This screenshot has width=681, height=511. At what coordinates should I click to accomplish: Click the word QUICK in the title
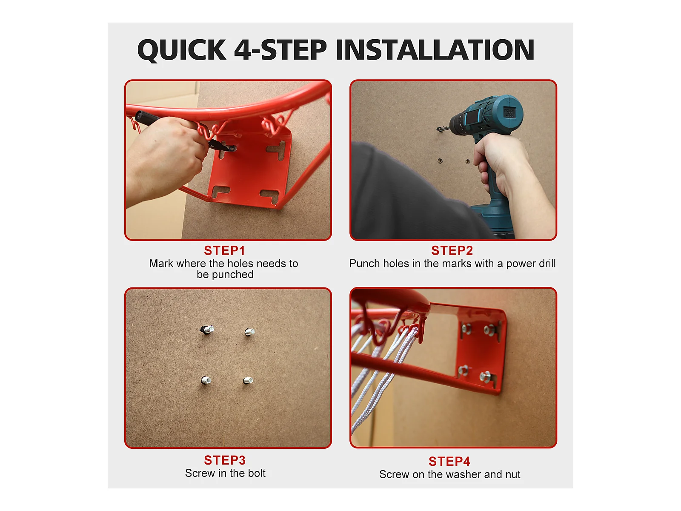[x=181, y=50]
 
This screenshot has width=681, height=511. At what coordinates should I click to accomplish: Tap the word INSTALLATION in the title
[x=435, y=50]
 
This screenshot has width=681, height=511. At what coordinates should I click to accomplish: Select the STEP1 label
[x=224, y=250]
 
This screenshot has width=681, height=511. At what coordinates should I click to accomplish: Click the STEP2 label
[x=452, y=250]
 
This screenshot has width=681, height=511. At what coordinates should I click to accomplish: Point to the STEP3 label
[x=225, y=460]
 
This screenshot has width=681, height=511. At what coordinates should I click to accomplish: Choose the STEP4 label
[x=449, y=461]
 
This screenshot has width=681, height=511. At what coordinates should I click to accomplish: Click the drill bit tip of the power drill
[x=438, y=129]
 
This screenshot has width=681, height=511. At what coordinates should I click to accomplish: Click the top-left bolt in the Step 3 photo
[x=207, y=329]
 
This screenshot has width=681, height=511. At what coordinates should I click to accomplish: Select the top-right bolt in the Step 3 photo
[x=249, y=332]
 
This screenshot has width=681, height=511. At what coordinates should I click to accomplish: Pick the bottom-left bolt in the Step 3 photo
[x=206, y=380]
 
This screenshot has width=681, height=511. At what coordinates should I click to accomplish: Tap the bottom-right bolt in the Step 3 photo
[x=248, y=380]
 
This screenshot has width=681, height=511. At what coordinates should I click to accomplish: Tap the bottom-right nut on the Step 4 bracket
[x=486, y=376]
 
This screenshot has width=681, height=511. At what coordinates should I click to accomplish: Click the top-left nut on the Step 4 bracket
[x=466, y=327]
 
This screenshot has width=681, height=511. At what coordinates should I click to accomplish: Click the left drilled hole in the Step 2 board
[x=440, y=161]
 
